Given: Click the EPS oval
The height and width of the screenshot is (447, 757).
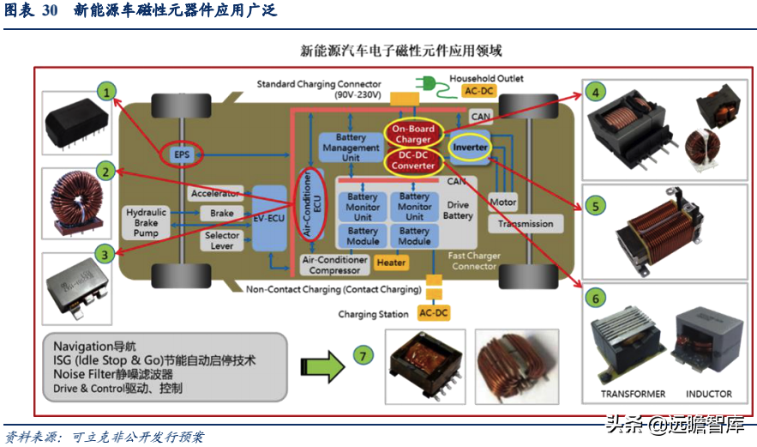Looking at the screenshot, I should (x=182, y=154).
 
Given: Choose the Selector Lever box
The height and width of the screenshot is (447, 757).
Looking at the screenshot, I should (x=221, y=240).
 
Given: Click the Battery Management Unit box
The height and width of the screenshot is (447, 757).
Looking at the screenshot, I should (x=351, y=148).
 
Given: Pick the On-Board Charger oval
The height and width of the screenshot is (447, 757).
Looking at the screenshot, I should (x=413, y=134).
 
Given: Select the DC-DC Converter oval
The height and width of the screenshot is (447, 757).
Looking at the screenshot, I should (x=413, y=160).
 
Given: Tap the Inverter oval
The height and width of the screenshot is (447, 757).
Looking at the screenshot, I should (x=470, y=147).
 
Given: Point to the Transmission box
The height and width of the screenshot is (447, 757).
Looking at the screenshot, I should (x=526, y=224).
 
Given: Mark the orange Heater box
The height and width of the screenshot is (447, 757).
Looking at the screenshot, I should (x=392, y=263).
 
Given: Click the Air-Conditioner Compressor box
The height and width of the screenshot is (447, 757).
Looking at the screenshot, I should (x=334, y=264).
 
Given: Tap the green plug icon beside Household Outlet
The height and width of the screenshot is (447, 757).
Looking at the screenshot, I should (x=427, y=82).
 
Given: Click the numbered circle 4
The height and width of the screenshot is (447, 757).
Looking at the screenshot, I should (x=593, y=90).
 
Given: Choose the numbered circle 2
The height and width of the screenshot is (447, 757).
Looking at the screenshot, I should (x=105, y=172).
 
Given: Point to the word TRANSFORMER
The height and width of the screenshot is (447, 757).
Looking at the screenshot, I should (x=633, y=395).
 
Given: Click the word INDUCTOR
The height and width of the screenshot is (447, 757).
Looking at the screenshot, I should (x=708, y=395).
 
